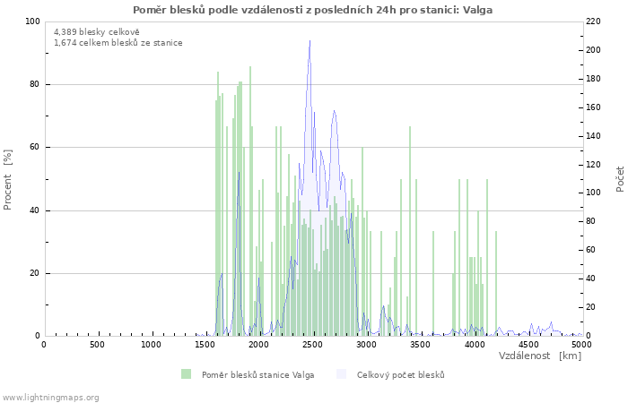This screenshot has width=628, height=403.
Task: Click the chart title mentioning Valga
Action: click(312, 10)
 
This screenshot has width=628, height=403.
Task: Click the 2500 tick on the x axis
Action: click(312, 345)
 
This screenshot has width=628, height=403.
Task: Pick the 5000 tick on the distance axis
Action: click(581, 345)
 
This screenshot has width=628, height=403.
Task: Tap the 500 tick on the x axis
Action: click(98, 345)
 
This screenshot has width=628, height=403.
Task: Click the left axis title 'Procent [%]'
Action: click(8, 179)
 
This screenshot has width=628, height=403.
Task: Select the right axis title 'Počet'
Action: click(620, 179)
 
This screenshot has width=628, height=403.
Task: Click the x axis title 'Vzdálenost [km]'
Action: click(540, 356)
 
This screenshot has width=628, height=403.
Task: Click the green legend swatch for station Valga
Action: click(186, 374)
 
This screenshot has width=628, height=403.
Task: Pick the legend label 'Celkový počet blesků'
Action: click(400, 374)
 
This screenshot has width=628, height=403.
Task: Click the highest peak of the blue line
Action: click(310, 40)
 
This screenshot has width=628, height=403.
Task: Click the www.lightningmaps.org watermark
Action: click(50, 397)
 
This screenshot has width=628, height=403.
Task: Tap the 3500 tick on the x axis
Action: click(420, 345)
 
